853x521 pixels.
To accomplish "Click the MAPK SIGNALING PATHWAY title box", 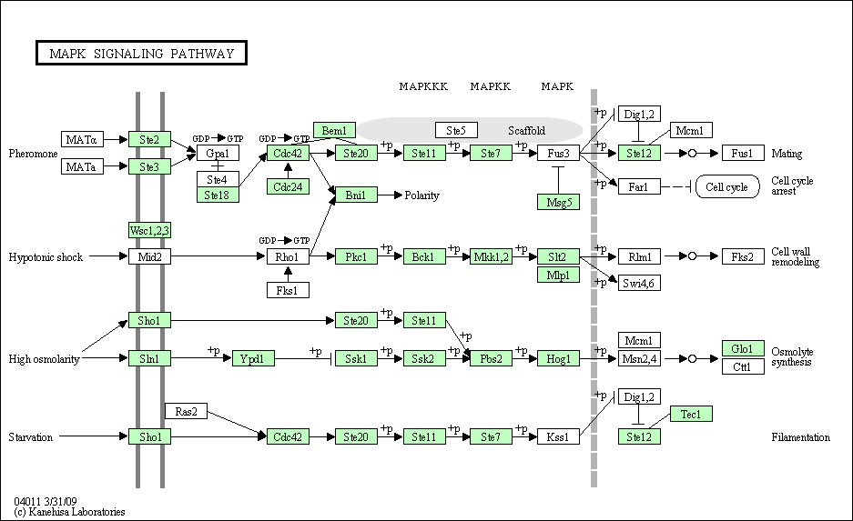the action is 141,53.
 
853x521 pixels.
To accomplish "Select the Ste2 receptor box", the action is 149,140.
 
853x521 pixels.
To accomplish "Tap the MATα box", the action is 82,140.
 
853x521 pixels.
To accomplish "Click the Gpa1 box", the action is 218,153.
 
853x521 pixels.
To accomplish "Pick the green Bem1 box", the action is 335,130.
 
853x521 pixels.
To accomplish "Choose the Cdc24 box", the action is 288,186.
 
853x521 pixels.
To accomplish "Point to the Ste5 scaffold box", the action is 456,130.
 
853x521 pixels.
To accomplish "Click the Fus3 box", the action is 558,153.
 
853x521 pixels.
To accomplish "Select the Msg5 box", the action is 558,202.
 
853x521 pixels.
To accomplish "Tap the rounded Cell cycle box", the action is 727,187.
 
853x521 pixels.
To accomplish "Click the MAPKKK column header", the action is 423,86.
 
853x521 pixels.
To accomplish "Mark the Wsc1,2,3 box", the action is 149,230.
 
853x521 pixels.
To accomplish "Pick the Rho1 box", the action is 288,256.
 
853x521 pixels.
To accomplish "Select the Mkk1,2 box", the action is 491,256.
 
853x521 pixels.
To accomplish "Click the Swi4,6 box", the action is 639,283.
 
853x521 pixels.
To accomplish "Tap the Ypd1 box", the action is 253,358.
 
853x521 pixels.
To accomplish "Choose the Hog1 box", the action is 558,358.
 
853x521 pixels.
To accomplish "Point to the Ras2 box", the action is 186,411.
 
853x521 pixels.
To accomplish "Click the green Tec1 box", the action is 691,414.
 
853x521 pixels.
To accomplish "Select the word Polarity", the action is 421,195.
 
